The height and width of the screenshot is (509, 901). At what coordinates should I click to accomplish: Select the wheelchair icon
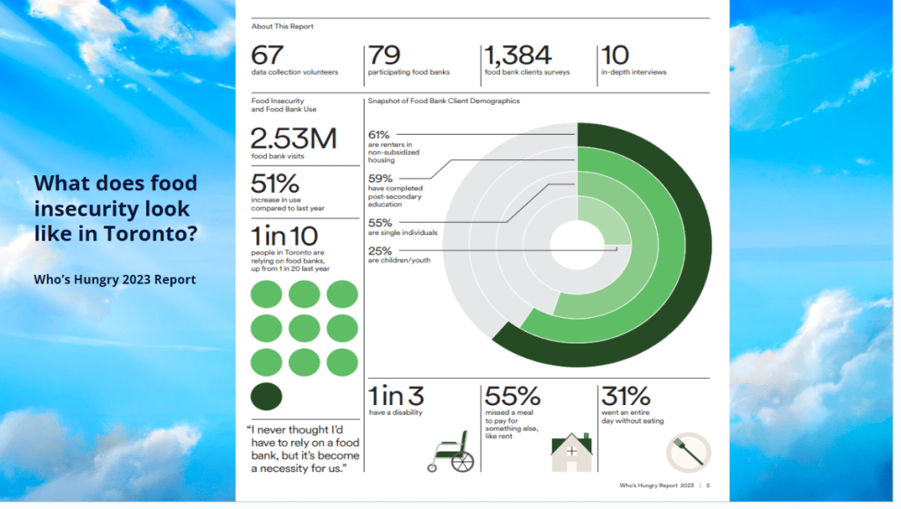pyautogui.click(x=451, y=451)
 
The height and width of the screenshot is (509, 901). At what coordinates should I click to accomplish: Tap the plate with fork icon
pyautogui.click(x=688, y=453)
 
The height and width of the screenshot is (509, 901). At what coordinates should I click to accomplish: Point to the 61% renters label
pyautogui.click(x=380, y=134)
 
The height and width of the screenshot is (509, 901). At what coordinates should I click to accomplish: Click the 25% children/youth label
pyautogui.click(x=380, y=249)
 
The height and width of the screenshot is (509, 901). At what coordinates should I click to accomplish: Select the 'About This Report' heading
pyautogui.click(x=282, y=26)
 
